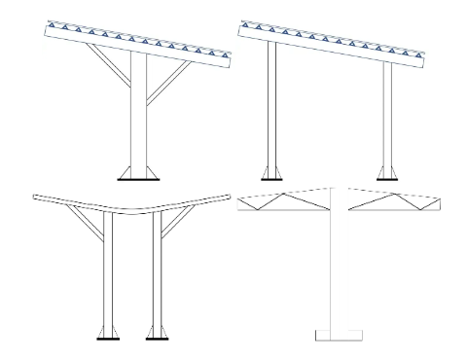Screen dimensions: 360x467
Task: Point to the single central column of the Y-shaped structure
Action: tap(136, 126)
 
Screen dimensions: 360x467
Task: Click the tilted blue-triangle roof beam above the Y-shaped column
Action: tap(136, 45)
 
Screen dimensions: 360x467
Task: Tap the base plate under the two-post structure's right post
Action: tap(386, 179)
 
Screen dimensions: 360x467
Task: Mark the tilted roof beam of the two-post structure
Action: tap(330, 43)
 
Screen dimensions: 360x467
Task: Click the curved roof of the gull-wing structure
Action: tap(136, 205)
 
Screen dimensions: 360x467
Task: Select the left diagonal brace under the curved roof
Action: tap(89, 226)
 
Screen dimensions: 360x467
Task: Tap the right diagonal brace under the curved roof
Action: tap(175, 226)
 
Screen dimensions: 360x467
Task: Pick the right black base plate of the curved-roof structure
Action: tap(156, 339)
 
